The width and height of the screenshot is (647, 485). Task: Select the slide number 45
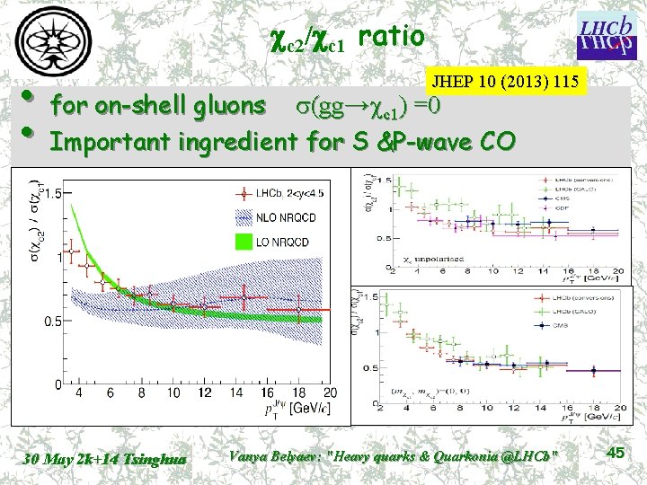pyautogui.click(x=616, y=454)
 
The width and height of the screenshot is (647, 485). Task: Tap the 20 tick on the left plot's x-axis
pyautogui.click(x=329, y=393)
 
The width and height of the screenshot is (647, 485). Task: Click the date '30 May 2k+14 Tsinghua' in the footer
pyautogui.click(x=105, y=459)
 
